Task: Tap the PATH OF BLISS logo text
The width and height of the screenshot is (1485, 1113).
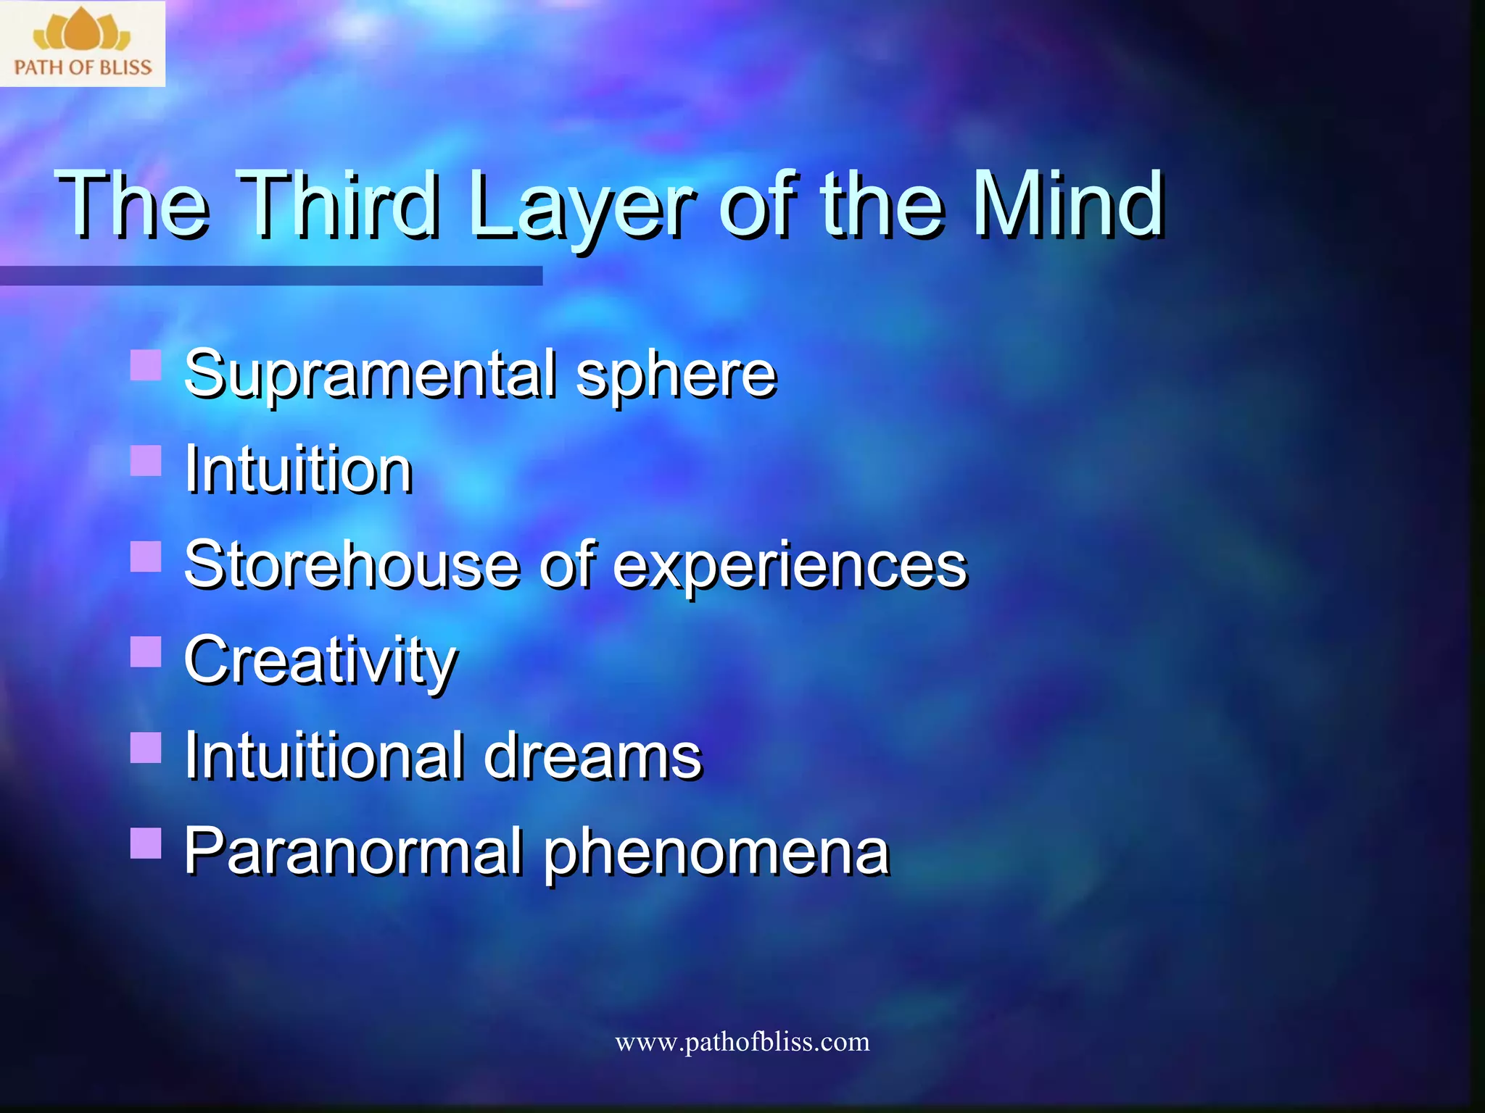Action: (83, 67)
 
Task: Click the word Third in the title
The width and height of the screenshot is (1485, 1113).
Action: (339, 204)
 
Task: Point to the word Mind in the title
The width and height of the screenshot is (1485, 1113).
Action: (1067, 204)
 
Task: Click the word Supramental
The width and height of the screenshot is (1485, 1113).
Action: (371, 375)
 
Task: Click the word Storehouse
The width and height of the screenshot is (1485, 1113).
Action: (352, 564)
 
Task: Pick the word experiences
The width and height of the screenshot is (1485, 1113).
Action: (790, 567)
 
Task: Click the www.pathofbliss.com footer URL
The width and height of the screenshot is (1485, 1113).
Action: (742, 1042)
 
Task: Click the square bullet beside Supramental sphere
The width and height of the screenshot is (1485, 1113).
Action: (146, 365)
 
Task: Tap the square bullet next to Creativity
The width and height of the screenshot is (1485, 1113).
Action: (146, 651)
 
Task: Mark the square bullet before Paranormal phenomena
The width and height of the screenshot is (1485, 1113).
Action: (146, 843)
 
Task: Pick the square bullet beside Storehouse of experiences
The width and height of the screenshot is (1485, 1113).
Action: (146, 556)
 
